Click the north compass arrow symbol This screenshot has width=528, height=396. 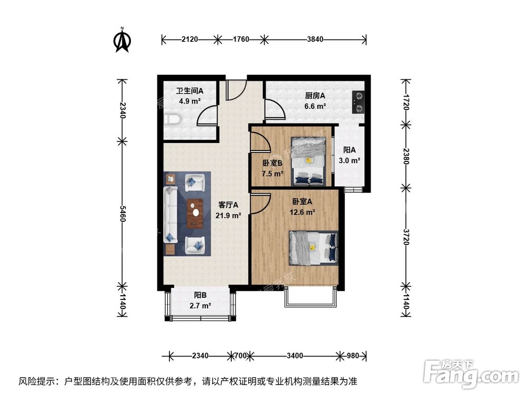(x=122, y=41)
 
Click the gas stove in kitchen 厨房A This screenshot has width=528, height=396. (x=358, y=102)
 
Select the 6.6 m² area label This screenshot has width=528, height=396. (x=315, y=106)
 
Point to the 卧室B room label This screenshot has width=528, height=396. (x=273, y=163)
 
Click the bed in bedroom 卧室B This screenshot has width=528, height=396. (x=309, y=161)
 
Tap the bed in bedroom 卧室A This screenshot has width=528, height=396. (x=312, y=248)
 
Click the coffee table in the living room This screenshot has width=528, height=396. (x=195, y=213)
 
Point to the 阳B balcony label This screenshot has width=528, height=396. (x=200, y=296)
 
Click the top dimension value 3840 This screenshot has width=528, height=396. (x=315, y=39)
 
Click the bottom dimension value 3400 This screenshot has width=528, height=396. (x=295, y=355)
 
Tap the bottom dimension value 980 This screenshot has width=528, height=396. (x=353, y=355)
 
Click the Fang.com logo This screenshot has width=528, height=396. (x=473, y=374)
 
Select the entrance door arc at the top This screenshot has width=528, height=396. (x=235, y=90)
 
